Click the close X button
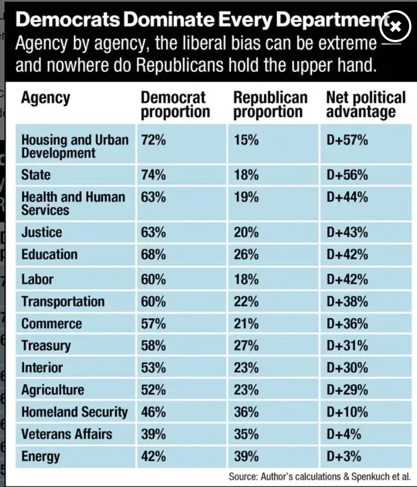(395, 26)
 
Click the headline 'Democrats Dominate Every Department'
(197, 20)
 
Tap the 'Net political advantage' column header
(365, 105)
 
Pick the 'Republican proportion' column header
(270, 105)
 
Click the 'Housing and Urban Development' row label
(75, 146)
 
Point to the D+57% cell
(347, 139)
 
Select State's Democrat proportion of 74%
(153, 175)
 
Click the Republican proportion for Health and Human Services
(246, 197)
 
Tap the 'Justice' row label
(42, 232)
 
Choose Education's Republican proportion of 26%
(246, 255)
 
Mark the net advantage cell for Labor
(347, 279)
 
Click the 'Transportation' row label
(63, 301)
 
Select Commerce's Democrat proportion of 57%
(153, 323)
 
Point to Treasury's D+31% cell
(347, 346)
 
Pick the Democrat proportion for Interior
(153, 368)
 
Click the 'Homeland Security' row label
(75, 412)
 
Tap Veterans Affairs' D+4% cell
(343, 434)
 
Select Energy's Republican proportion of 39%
(246, 456)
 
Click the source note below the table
(319, 476)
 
